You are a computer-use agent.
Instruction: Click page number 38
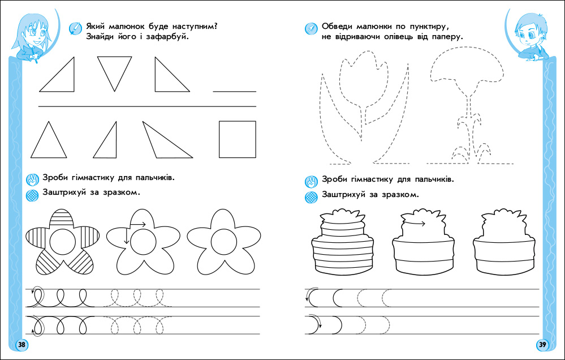tap(21, 345)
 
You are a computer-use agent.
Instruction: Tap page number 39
tap(542, 345)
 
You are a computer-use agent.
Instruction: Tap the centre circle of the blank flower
tap(224, 242)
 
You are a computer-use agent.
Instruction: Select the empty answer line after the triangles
tap(234, 91)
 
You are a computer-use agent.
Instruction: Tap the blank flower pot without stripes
tap(504, 246)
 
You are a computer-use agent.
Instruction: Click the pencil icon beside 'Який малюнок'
tap(74, 28)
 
